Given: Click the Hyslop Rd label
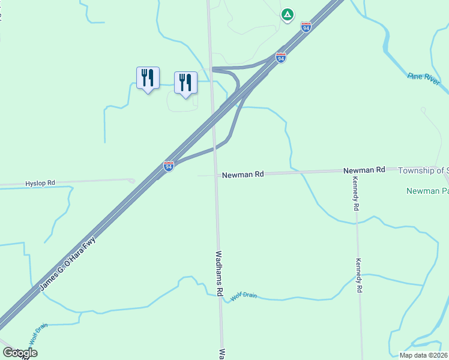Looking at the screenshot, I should (40, 182).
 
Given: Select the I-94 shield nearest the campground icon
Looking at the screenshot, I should (306, 28).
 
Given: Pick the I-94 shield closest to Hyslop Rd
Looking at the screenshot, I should (169, 166).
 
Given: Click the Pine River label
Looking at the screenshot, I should (424, 79).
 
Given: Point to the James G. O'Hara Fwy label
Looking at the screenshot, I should (68, 264).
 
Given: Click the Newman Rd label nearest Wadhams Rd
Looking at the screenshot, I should (243, 175).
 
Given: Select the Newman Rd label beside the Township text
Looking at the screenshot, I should (364, 170).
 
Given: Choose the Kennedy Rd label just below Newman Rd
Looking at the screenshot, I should (356, 196).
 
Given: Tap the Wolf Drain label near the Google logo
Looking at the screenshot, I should (38, 334).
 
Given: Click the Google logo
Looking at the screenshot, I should (20, 353).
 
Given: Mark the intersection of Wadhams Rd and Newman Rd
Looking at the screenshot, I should (216, 175).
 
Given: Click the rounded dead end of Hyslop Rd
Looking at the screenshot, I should (131, 180).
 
